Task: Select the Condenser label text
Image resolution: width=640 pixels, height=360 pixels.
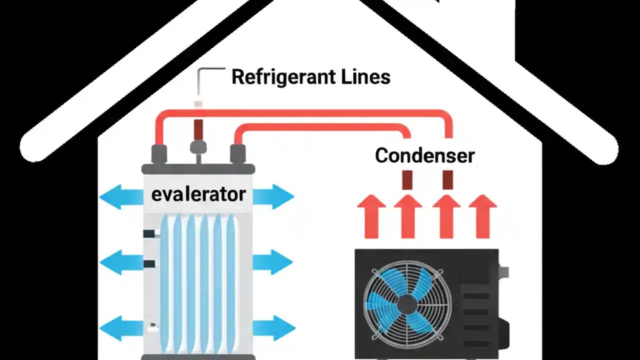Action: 424,155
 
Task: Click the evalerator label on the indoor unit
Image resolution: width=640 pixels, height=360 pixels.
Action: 198,194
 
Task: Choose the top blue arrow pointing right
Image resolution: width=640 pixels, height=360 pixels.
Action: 273,197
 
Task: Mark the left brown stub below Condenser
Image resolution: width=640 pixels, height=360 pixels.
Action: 407,179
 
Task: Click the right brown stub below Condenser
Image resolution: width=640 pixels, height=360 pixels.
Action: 447,179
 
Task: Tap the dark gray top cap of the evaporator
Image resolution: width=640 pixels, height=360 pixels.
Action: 198,169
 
